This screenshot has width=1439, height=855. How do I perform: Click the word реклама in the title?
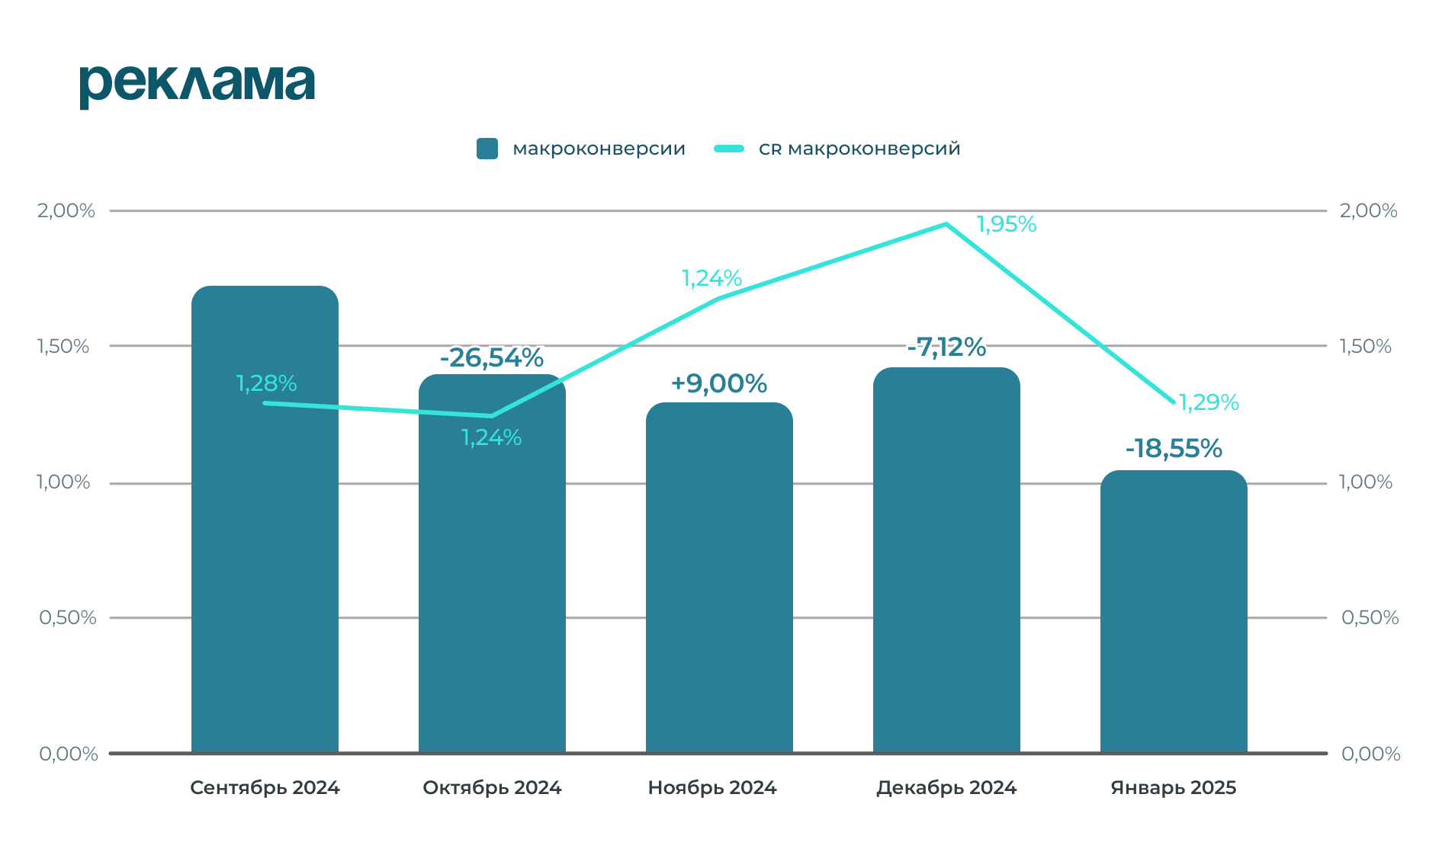197,84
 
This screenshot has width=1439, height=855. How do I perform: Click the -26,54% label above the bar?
492,357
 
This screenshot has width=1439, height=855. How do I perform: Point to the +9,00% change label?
718,383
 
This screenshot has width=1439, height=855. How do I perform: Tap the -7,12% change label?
946,347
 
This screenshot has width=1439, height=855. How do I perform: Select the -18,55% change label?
1174,449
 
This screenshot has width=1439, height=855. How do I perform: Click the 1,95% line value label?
1007,224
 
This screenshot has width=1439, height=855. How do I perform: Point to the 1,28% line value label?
266,383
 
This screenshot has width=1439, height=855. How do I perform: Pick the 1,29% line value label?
1209,402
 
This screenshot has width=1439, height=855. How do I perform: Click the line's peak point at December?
946,224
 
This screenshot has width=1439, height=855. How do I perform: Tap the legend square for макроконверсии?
487,149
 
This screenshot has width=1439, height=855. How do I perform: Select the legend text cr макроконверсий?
859,149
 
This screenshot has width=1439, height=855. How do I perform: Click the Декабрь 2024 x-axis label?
946,787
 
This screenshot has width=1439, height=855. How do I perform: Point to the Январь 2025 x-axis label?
1173,787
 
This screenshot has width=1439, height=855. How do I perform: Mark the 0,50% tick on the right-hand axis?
1370,617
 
